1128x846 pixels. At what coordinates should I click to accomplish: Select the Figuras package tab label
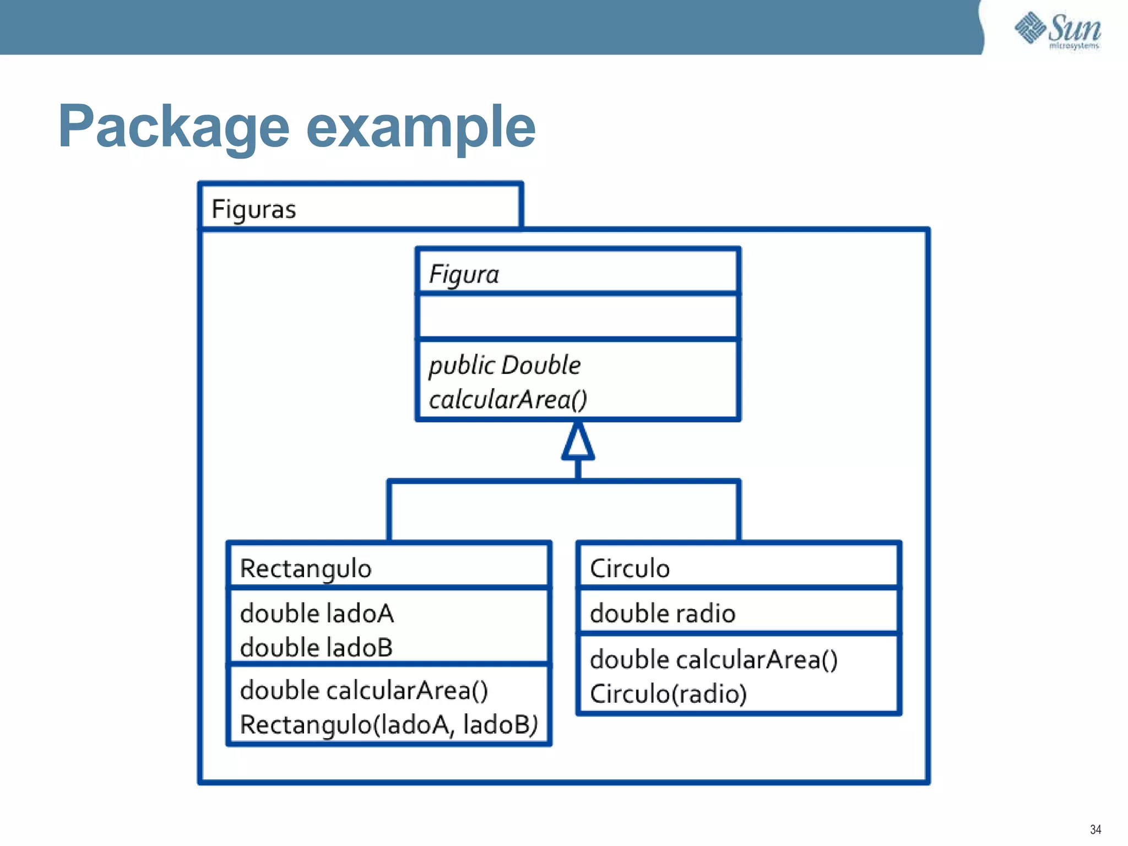pyautogui.click(x=254, y=209)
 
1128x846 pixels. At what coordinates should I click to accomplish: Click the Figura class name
pyautogui.click(x=464, y=274)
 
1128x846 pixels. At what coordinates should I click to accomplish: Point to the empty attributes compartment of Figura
pyautogui.click(x=577, y=317)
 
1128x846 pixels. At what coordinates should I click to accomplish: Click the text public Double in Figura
pyautogui.click(x=505, y=365)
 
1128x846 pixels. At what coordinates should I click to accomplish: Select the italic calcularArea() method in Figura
pyautogui.click(x=508, y=399)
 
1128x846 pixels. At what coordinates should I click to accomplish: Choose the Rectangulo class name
pyautogui.click(x=306, y=568)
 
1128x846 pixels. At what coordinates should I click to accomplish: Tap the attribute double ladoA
pyautogui.click(x=317, y=614)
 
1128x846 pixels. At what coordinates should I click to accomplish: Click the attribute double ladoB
pyautogui.click(x=316, y=647)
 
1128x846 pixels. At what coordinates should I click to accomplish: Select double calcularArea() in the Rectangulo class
pyautogui.click(x=364, y=691)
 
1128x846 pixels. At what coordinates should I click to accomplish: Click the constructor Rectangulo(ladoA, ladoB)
pyautogui.click(x=389, y=724)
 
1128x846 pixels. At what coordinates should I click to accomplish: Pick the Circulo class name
pyautogui.click(x=630, y=568)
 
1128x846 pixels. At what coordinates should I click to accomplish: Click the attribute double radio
pyautogui.click(x=663, y=614)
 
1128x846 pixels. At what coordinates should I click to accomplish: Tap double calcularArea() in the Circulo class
pyautogui.click(x=714, y=660)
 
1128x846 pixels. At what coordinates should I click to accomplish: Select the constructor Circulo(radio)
pyautogui.click(x=668, y=694)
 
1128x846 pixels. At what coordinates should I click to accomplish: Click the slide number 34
pyautogui.click(x=1096, y=829)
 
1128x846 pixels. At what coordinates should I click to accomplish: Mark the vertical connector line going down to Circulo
pyautogui.click(x=738, y=512)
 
